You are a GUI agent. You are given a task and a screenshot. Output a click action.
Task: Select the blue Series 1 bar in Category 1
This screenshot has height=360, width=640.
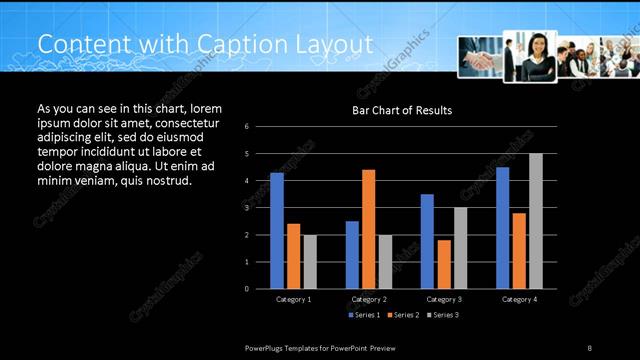[x=277, y=230]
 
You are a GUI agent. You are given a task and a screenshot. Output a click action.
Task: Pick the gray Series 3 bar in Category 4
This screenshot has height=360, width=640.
[x=536, y=220]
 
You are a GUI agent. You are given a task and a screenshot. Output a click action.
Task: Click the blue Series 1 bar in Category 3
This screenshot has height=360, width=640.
[x=427, y=241]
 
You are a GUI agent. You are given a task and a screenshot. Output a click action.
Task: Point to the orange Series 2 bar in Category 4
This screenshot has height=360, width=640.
[x=519, y=250]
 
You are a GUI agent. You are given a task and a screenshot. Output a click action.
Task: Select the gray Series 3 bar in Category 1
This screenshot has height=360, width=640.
[x=310, y=261]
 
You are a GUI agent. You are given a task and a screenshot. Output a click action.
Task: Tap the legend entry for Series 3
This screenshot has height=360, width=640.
[x=442, y=315]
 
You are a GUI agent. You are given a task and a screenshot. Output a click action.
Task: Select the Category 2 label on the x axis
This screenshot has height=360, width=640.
[x=369, y=299]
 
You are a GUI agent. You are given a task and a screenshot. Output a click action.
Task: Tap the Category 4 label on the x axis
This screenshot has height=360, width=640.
[x=519, y=299]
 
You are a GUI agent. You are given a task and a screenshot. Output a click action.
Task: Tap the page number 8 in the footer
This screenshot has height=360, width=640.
[x=589, y=347]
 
